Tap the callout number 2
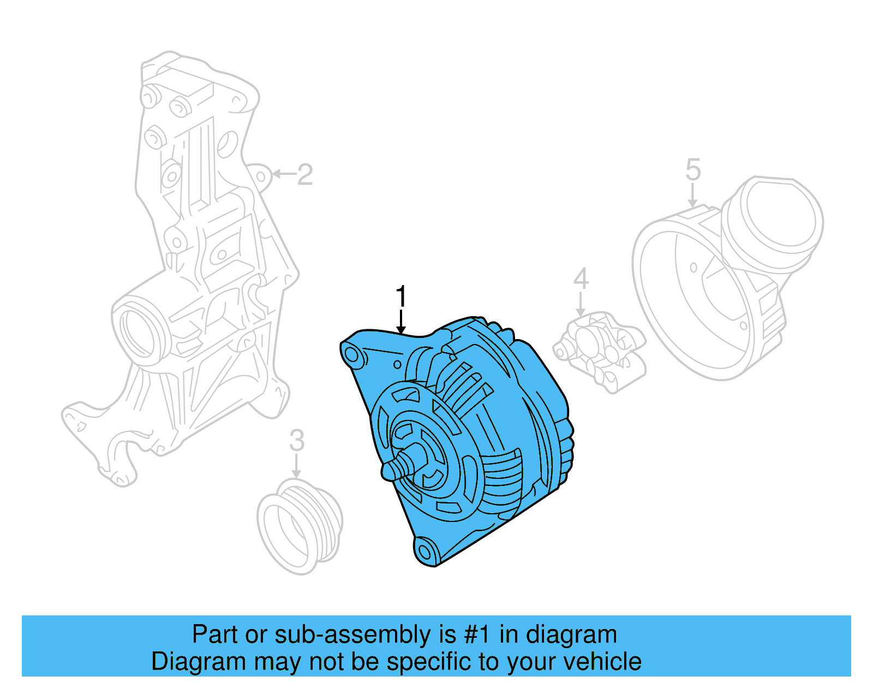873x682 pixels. (305, 174)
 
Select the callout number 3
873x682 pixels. (296, 440)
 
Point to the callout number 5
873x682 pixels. (693, 170)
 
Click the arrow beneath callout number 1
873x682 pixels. (401, 322)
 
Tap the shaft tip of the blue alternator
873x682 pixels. (388, 470)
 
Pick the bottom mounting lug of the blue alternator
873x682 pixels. (426, 552)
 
